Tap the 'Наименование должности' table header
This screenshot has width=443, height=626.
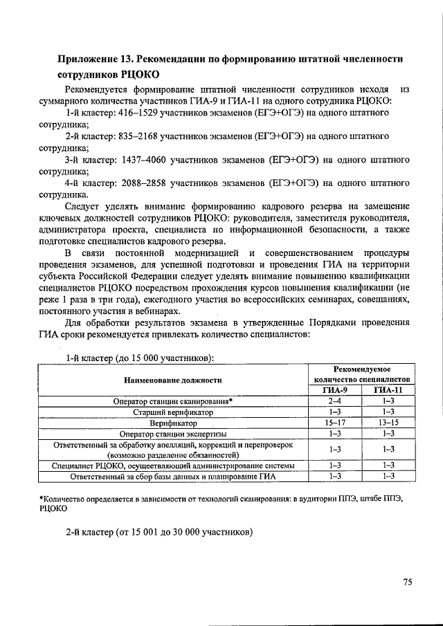coord(172,380)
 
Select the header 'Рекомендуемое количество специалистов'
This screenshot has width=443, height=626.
coord(362,374)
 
